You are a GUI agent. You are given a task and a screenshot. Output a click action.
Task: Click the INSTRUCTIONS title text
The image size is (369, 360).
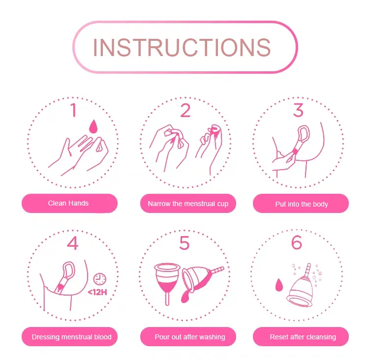[182, 48]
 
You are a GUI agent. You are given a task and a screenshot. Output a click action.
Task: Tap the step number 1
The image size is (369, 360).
[74, 110]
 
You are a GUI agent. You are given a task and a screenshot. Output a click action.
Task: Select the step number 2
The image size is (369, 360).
[185, 110]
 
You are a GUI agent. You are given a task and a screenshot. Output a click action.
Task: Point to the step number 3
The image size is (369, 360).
[298, 110]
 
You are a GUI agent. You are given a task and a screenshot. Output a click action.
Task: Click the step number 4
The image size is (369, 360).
[73, 243]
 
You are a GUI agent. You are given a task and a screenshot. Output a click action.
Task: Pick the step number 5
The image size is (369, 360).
[184, 243]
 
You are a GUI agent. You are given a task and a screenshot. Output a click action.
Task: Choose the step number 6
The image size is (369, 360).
[297, 242]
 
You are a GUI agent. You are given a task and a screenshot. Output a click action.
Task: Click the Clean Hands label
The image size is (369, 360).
[68, 203]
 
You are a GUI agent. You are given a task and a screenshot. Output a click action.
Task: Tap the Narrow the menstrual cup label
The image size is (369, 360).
[188, 204]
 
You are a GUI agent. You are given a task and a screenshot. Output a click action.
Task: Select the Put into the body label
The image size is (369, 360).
[302, 204]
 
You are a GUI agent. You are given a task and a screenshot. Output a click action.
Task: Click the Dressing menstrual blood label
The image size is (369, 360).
[71, 337]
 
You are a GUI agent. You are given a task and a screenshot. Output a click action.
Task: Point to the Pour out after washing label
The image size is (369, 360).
[190, 337]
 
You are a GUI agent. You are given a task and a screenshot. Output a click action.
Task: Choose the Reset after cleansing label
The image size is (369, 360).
[303, 337]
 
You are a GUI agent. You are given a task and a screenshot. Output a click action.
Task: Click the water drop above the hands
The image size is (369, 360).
[93, 126]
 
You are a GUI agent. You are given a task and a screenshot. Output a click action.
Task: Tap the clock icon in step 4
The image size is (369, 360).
[100, 279]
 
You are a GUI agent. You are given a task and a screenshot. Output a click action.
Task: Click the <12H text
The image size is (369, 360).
[97, 293]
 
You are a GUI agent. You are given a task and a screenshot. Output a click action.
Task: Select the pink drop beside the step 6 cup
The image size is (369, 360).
[278, 285]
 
